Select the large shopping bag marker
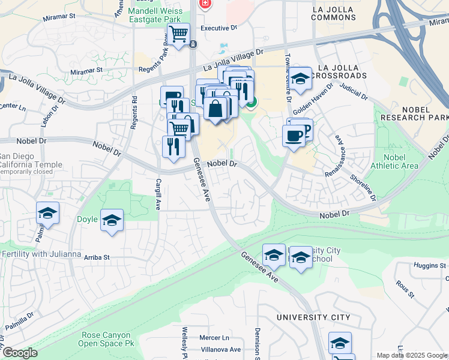pyautogui.click(x=215, y=110)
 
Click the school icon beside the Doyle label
pyautogui.click(x=112, y=220)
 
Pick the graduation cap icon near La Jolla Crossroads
pyautogui.click(x=300, y=79)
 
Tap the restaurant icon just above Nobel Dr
pyautogui.click(x=173, y=147)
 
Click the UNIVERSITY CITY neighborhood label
pyautogui.click(x=313, y=317)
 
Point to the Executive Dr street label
pyautogui.click(x=218, y=28)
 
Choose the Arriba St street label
pyautogui.click(x=97, y=257)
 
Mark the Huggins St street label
pyautogui.click(x=430, y=264)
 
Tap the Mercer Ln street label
pyautogui.click(x=214, y=338)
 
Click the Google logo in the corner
pyautogui.click(x=20, y=353)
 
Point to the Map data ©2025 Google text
pyautogui.click(x=412, y=355)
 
